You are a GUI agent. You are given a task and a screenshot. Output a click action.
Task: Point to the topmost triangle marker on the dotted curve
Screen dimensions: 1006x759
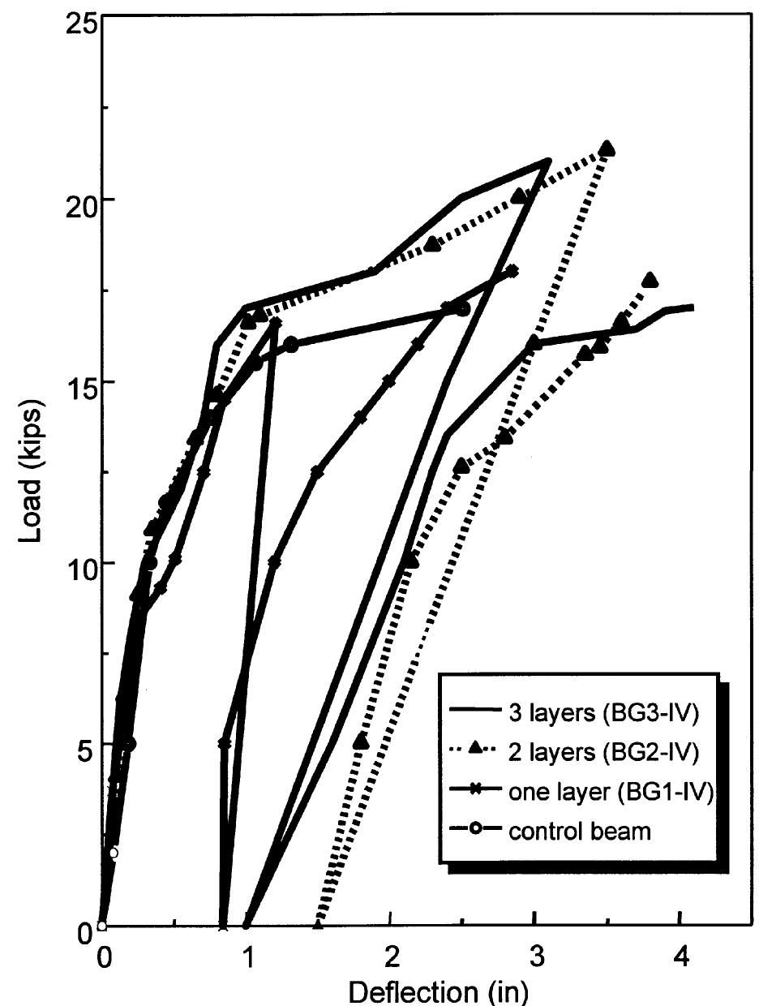607,148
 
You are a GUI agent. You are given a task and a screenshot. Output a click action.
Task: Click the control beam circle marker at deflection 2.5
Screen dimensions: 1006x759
462,309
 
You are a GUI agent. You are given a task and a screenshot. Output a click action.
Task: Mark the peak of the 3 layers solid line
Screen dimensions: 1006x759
549,161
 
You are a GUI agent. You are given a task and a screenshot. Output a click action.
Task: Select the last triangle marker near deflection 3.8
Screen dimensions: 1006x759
650,281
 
